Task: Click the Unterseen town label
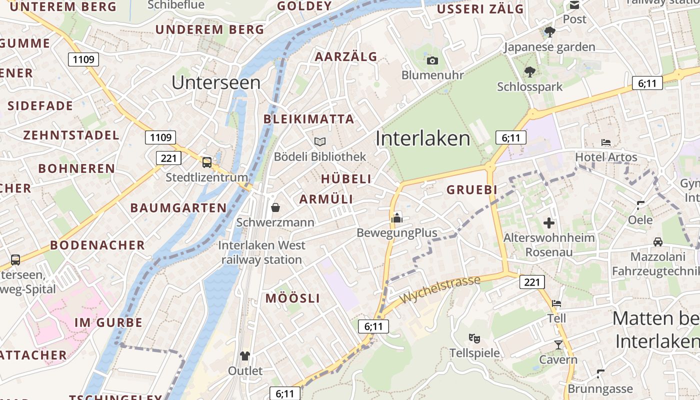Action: tap(216, 82)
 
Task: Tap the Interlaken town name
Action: tap(423, 138)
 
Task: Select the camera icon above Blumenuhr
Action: tap(432, 61)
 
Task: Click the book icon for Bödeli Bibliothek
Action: tap(320, 142)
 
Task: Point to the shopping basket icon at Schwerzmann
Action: tap(275, 207)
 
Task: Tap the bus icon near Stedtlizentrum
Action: tap(206, 162)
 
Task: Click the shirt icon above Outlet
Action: tap(244, 356)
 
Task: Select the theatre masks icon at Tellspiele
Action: tap(474, 338)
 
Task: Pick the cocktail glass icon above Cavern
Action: tap(558, 345)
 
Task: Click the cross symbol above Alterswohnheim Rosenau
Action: tap(549, 223)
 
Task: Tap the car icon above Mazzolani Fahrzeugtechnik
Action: tap(657, 242)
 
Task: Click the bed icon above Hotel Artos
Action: tap(606, 142)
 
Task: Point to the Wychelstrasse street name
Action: tap(439, 288)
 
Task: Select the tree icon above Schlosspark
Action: tap(529, 72)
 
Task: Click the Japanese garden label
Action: tap(549, 47)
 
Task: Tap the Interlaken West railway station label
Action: tap(261, 252)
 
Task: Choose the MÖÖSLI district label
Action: tap(292, 298)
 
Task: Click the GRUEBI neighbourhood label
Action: tap(472, 189)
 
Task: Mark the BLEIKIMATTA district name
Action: tap(308, 119)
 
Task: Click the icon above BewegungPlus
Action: tap(397, 218)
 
